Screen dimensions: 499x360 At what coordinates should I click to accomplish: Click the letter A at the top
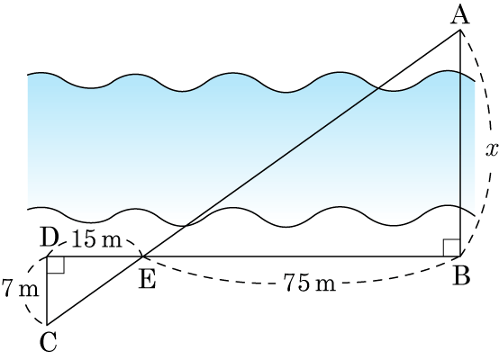[460, 15]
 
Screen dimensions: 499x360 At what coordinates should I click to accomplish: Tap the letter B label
[462, 275]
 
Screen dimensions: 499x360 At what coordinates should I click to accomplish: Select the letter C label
[49, 342]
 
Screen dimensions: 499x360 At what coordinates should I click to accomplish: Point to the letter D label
[50, 238]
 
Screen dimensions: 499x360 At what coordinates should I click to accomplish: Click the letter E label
[148, 280]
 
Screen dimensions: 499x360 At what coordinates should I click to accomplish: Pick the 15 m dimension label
[96, 239]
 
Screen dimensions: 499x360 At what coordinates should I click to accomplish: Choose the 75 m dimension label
[310, 283]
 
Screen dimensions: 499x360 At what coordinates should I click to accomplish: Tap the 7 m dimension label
[20, 288]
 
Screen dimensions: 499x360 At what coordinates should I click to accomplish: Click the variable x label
[492, 149]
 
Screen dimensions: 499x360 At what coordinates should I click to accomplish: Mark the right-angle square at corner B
[452, 247]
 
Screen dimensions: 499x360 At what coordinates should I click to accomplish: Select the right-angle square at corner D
[56, 265]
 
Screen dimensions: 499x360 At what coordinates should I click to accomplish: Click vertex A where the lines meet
[460, 30]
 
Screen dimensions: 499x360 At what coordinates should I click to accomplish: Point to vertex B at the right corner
[460, 256]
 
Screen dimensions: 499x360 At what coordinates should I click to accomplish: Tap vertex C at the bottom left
[47, 325]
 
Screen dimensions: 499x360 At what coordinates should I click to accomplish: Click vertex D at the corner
[47, 256]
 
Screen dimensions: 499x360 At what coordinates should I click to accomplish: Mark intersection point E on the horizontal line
[142, 256]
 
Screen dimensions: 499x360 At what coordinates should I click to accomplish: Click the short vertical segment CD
[47, 291]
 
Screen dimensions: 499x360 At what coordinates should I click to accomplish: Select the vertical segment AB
[460, 143]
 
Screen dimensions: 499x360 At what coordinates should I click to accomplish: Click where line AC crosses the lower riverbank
[186, 226]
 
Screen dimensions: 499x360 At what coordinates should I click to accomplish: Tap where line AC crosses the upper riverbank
[378, 88]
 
